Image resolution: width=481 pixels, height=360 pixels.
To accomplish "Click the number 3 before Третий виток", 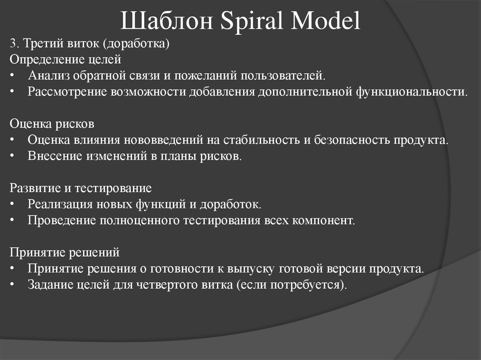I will point(12,45).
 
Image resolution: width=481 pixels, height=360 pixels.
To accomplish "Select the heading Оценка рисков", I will point(52,124).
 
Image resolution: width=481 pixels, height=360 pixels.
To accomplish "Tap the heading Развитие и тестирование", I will point(81,189).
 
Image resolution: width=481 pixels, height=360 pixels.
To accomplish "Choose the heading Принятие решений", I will point(65,253).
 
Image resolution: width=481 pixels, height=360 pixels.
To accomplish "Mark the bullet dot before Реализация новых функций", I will point(12,205).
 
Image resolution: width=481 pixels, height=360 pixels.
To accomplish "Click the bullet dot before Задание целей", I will point(12,285).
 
